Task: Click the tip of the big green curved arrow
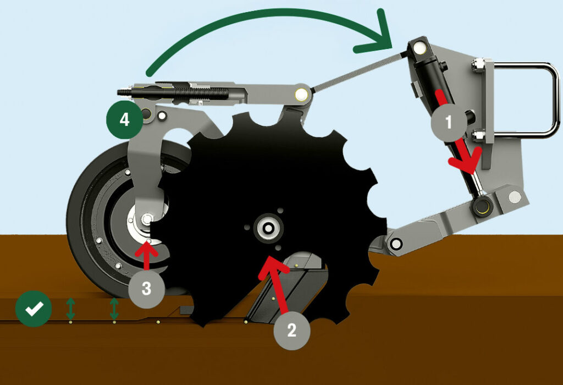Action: click(391, 47)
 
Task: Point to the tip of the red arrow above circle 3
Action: click(146, 242)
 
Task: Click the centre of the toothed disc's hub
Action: click(268, 228)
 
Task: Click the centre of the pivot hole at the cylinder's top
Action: click(418, 47)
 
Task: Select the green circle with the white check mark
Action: click(34, 309)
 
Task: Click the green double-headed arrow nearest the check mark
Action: click(70, 309)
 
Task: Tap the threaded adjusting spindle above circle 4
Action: click(172, 92)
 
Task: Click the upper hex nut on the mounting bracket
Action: click(477, 65)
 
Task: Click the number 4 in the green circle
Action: click(125, 119)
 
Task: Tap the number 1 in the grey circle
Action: click(449, 123)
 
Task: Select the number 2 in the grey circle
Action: click(291, 330)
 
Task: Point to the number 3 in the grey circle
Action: click(146, 288)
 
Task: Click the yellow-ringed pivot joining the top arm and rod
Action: click(301, 95)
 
